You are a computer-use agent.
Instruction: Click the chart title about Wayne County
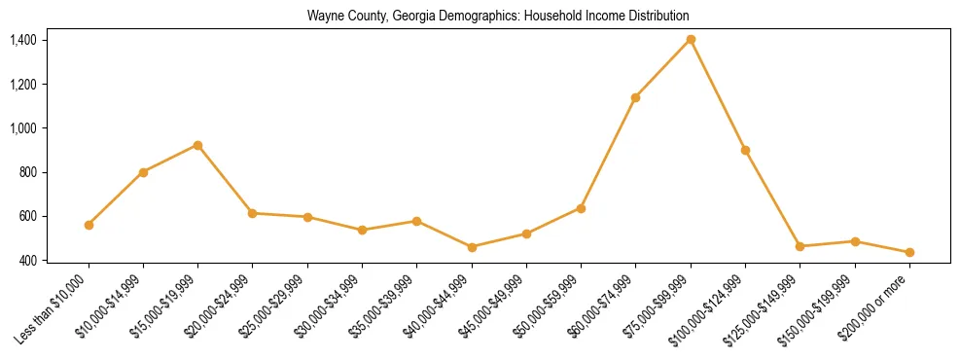pos(498,16)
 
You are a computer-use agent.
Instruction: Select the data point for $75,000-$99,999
pos(691,39)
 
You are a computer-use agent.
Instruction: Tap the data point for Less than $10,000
pos(89,225)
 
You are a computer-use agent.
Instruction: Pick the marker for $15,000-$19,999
pos(197,145)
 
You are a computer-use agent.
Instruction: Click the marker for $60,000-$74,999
pos(635,97)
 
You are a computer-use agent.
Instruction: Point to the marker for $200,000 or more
pos(909,252)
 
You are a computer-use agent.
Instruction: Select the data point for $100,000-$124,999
pos(745,150)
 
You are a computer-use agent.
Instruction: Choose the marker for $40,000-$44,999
pos(472,247)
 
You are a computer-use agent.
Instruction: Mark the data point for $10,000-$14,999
pos(143,172)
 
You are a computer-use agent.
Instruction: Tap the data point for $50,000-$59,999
pos(581,208)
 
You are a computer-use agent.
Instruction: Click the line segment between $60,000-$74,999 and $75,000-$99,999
pos(663,68)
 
